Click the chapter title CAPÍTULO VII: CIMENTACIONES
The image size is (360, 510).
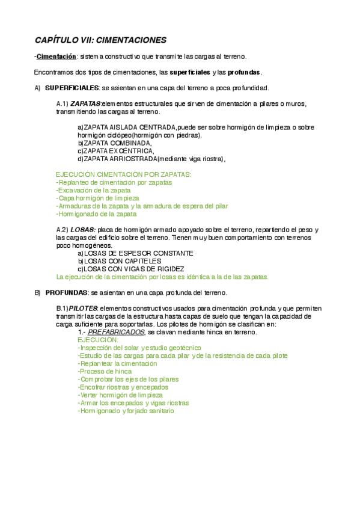tap(100, 40)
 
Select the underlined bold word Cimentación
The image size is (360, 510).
tap(56, 57)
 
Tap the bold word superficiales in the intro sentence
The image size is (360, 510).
tap(189, 72)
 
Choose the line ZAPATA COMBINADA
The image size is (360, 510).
tap(115, 143)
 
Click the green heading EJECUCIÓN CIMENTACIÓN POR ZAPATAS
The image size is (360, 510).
tap(123, 174)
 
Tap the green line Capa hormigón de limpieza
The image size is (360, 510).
tap(97, 198)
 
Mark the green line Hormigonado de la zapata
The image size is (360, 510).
tap(96, 214)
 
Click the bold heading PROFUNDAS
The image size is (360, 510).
tap(66, 293)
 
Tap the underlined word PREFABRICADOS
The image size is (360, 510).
tap(117, 332)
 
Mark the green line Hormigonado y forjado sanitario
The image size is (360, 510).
tap(126, 411)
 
